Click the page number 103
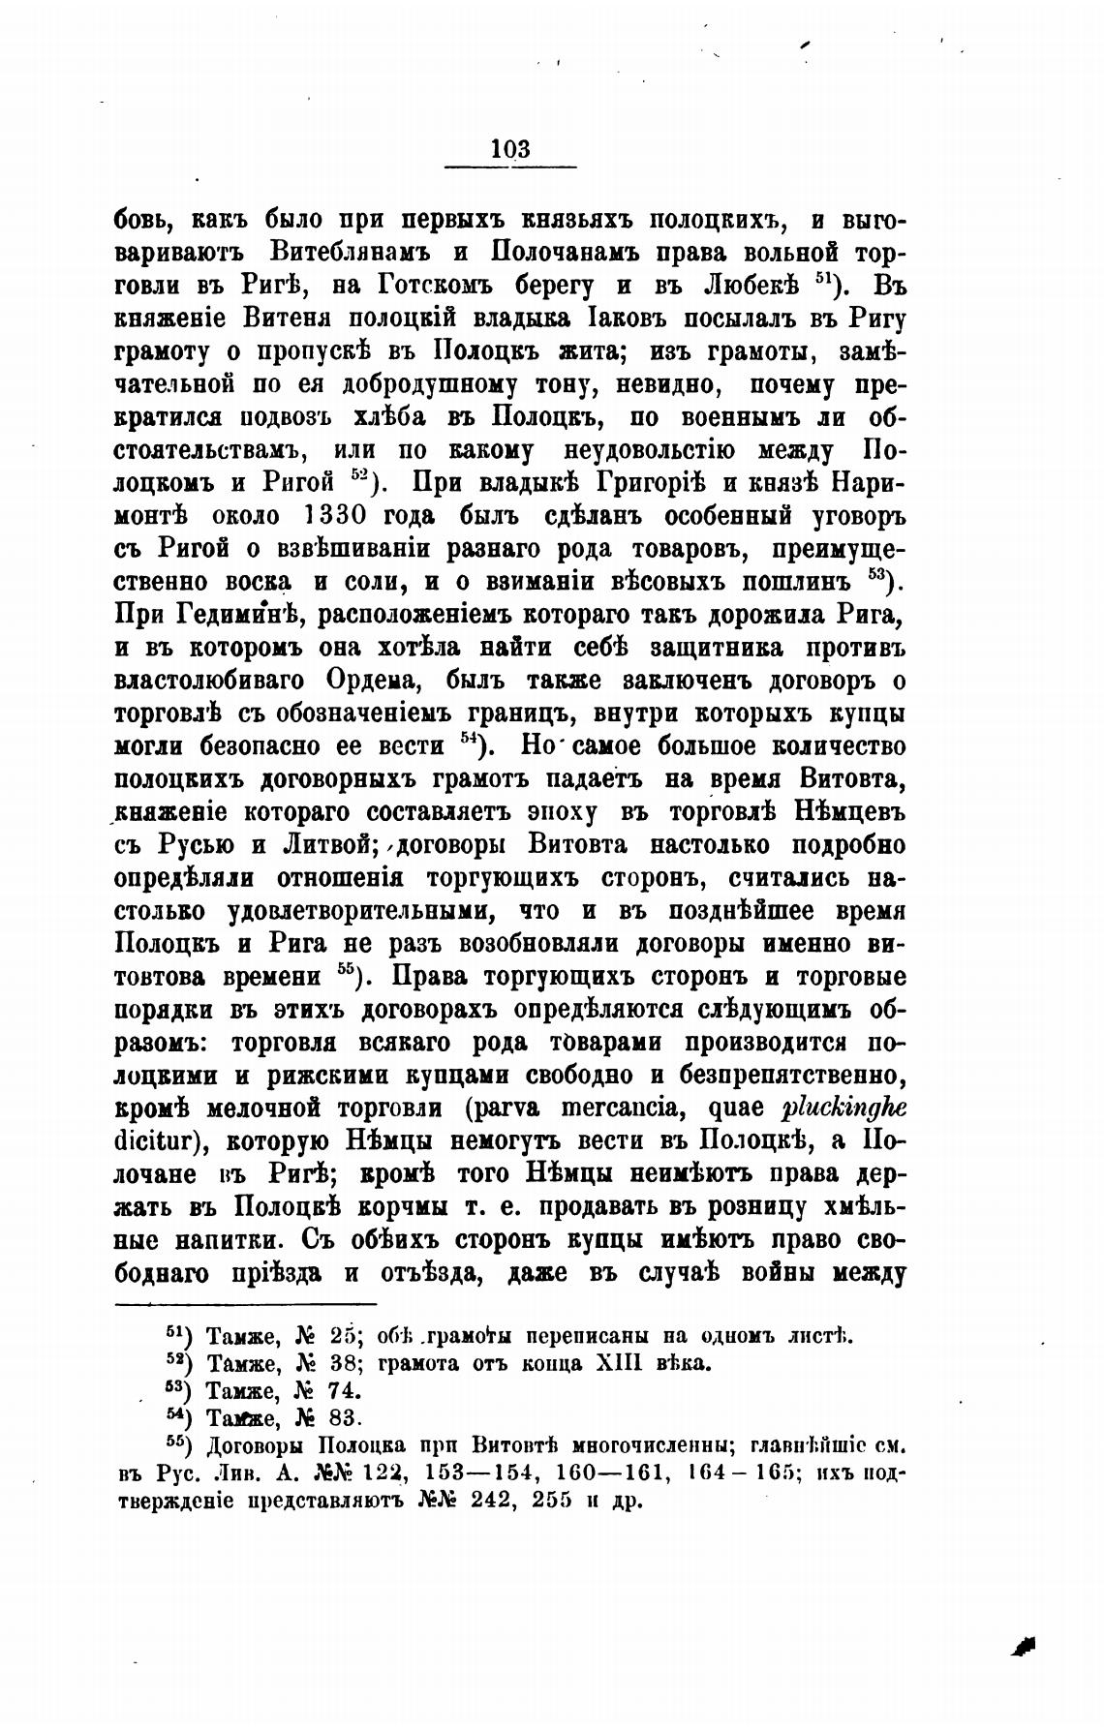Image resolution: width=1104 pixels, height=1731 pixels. pos(510,148)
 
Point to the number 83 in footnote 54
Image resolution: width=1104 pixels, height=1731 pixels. pos(345,1419)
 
